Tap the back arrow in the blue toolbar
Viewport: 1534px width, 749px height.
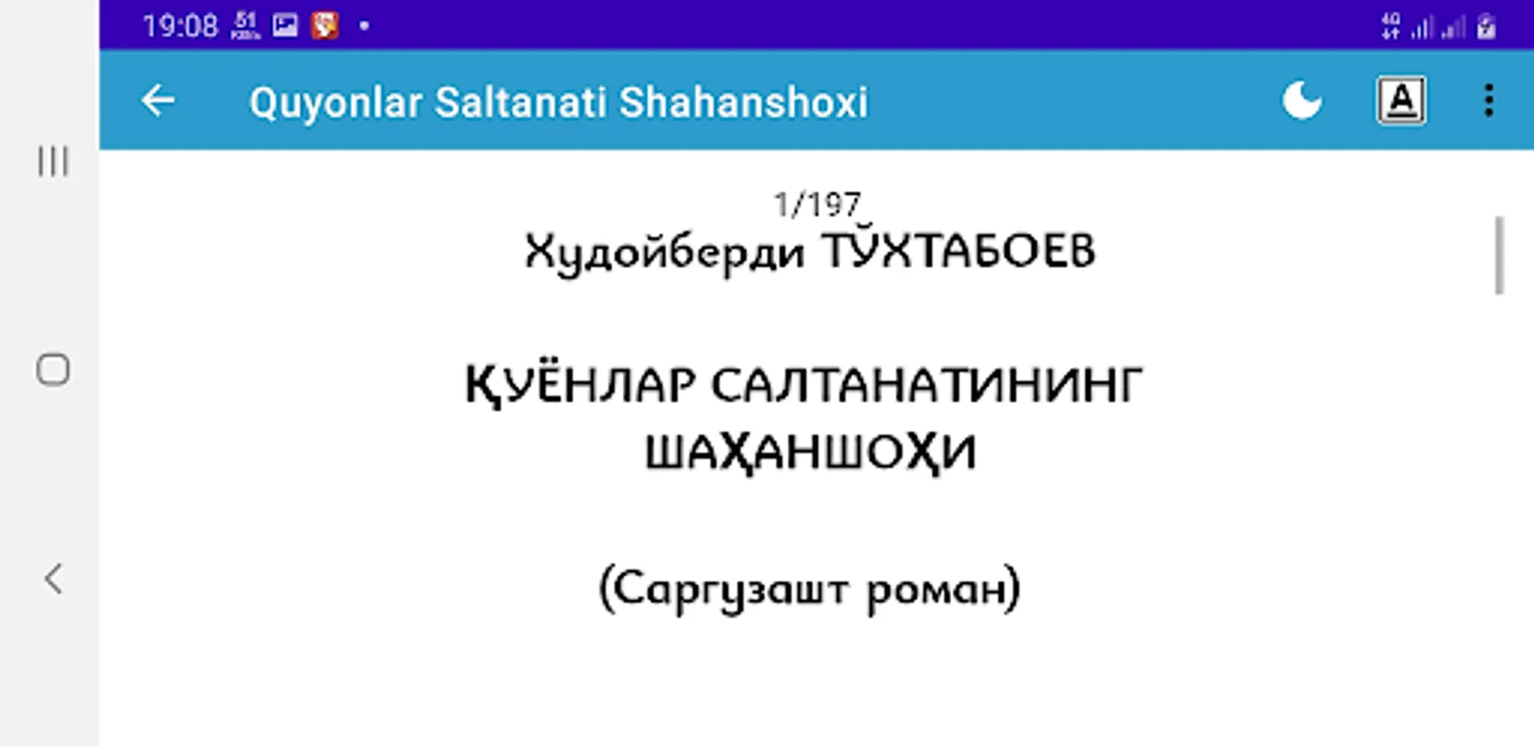pos(157,101)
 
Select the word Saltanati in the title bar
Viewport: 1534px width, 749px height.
pos(520,102)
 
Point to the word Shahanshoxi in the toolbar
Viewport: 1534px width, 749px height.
pos(743,102)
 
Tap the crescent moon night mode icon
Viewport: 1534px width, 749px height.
pos(1302,102)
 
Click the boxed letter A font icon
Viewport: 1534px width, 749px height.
pos(1402,101)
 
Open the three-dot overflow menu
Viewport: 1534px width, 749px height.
pos(1489,101)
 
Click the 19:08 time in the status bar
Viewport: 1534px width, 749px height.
pos(180,27)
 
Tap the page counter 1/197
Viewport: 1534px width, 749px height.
pos(817,204)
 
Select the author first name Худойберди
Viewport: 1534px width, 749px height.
pos(664,252)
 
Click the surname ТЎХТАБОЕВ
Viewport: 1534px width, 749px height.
pos(958,250)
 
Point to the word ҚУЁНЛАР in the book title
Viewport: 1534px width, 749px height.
pos(579,386)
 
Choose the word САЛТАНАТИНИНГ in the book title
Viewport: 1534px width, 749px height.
pos(927,386)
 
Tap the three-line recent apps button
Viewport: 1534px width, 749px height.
pos(52,161)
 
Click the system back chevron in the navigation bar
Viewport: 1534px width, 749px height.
pos(53,578)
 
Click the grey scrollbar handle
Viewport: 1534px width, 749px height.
pos(1499,255)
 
